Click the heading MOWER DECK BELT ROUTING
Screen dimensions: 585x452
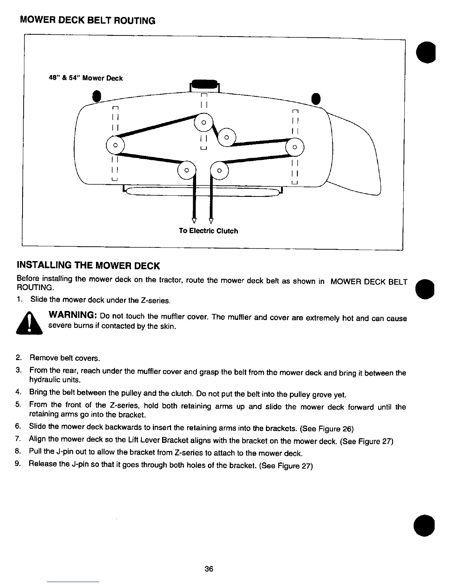pyautogui.click(x=88, y=20)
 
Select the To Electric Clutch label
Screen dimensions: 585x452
pyautogui.click(x=208, y=231)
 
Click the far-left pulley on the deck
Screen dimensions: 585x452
pyautogui.click(x=115, y=145)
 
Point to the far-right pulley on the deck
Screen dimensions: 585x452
pyautogui.click(x=294, y=147)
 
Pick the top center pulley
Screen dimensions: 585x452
pyautogui.click(x=203, y=122)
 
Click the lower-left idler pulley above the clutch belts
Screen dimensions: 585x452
pyautogui.click(x=187, y=170)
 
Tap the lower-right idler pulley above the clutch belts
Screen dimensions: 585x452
pyautogui.click(x=219, y=170)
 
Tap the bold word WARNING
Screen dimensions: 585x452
pyautogui.click(x=72, y=316)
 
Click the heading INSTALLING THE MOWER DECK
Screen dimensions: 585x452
pyautogui.click(x=88, y=266)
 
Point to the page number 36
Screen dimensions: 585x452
pyautogui.click(x=209, y=569)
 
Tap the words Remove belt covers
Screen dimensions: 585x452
pyautogui.click(x=65, y=358)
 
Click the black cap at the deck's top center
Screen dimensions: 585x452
pyautogui.click(x=204, y=85)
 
